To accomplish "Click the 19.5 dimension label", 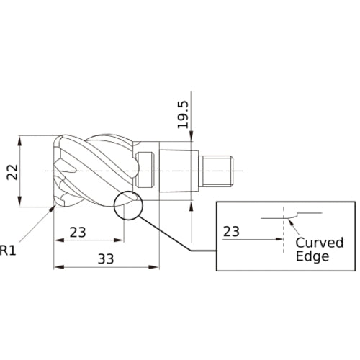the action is tap(183, 114).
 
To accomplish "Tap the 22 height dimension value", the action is tap(12, 172).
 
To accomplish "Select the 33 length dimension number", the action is tap(106, 259).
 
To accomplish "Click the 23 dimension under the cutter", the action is tap(78, 233).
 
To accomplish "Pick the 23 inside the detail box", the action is tap(231, 232).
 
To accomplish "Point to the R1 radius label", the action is tap(8, 250).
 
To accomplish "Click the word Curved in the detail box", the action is tap(320, 243).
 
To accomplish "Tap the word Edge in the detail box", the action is tap(312, 256).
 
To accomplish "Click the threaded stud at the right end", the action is tap(217, 171).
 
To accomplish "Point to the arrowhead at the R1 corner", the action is tap(51, 209).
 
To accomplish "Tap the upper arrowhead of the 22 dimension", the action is tap(19, 141).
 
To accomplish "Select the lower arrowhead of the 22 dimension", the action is tap(19, 201).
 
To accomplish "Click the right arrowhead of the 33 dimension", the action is tap(154, 267).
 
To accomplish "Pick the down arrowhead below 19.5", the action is tap(192, 136).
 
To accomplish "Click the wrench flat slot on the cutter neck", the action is tap(145, 170).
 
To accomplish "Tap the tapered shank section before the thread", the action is tap(179, 171).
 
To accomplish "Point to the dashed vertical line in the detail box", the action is tap(284, 230).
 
